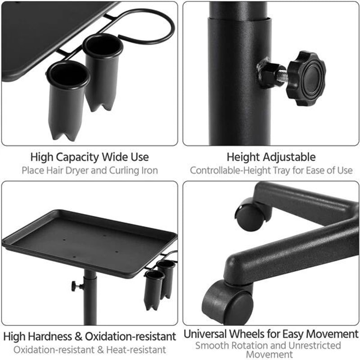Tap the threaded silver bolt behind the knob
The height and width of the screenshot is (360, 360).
click(x=282, y=76)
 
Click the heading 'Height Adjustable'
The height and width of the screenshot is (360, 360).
click(x=271, y=157)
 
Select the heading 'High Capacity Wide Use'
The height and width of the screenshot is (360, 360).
click(x=90, y=157)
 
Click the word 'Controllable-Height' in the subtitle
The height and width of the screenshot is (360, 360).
click(x=229, y=171)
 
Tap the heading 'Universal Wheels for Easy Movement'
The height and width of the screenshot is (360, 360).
click(x=271, y=334)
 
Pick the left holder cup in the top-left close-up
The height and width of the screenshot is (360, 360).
click(x=68, y=97)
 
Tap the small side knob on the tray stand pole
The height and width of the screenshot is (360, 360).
click(x=75, y=286)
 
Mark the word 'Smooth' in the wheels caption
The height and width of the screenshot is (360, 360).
click(x=211, y=346)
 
